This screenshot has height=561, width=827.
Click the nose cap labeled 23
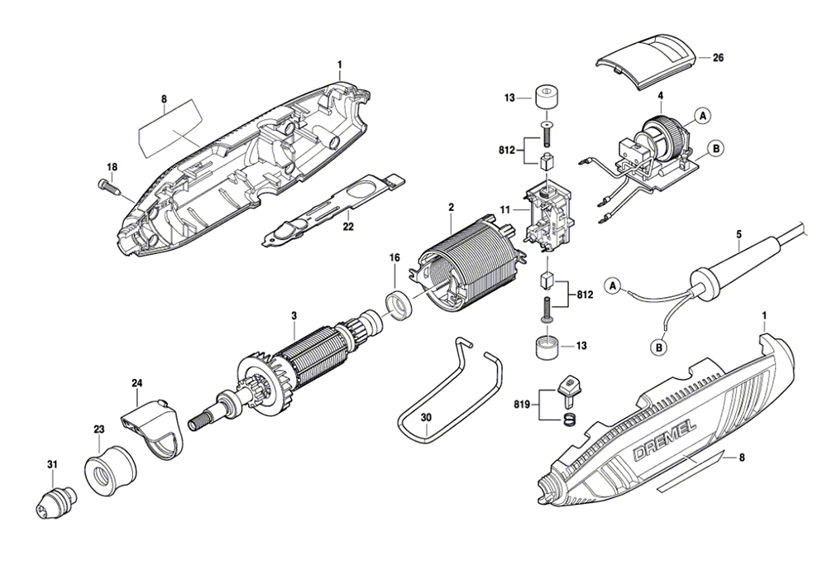[x=108, y=468]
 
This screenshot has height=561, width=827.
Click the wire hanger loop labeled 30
[x=447, y=389]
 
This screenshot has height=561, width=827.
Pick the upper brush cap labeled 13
[x=547, y=97]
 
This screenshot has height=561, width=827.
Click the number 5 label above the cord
[x=738, y=233]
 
